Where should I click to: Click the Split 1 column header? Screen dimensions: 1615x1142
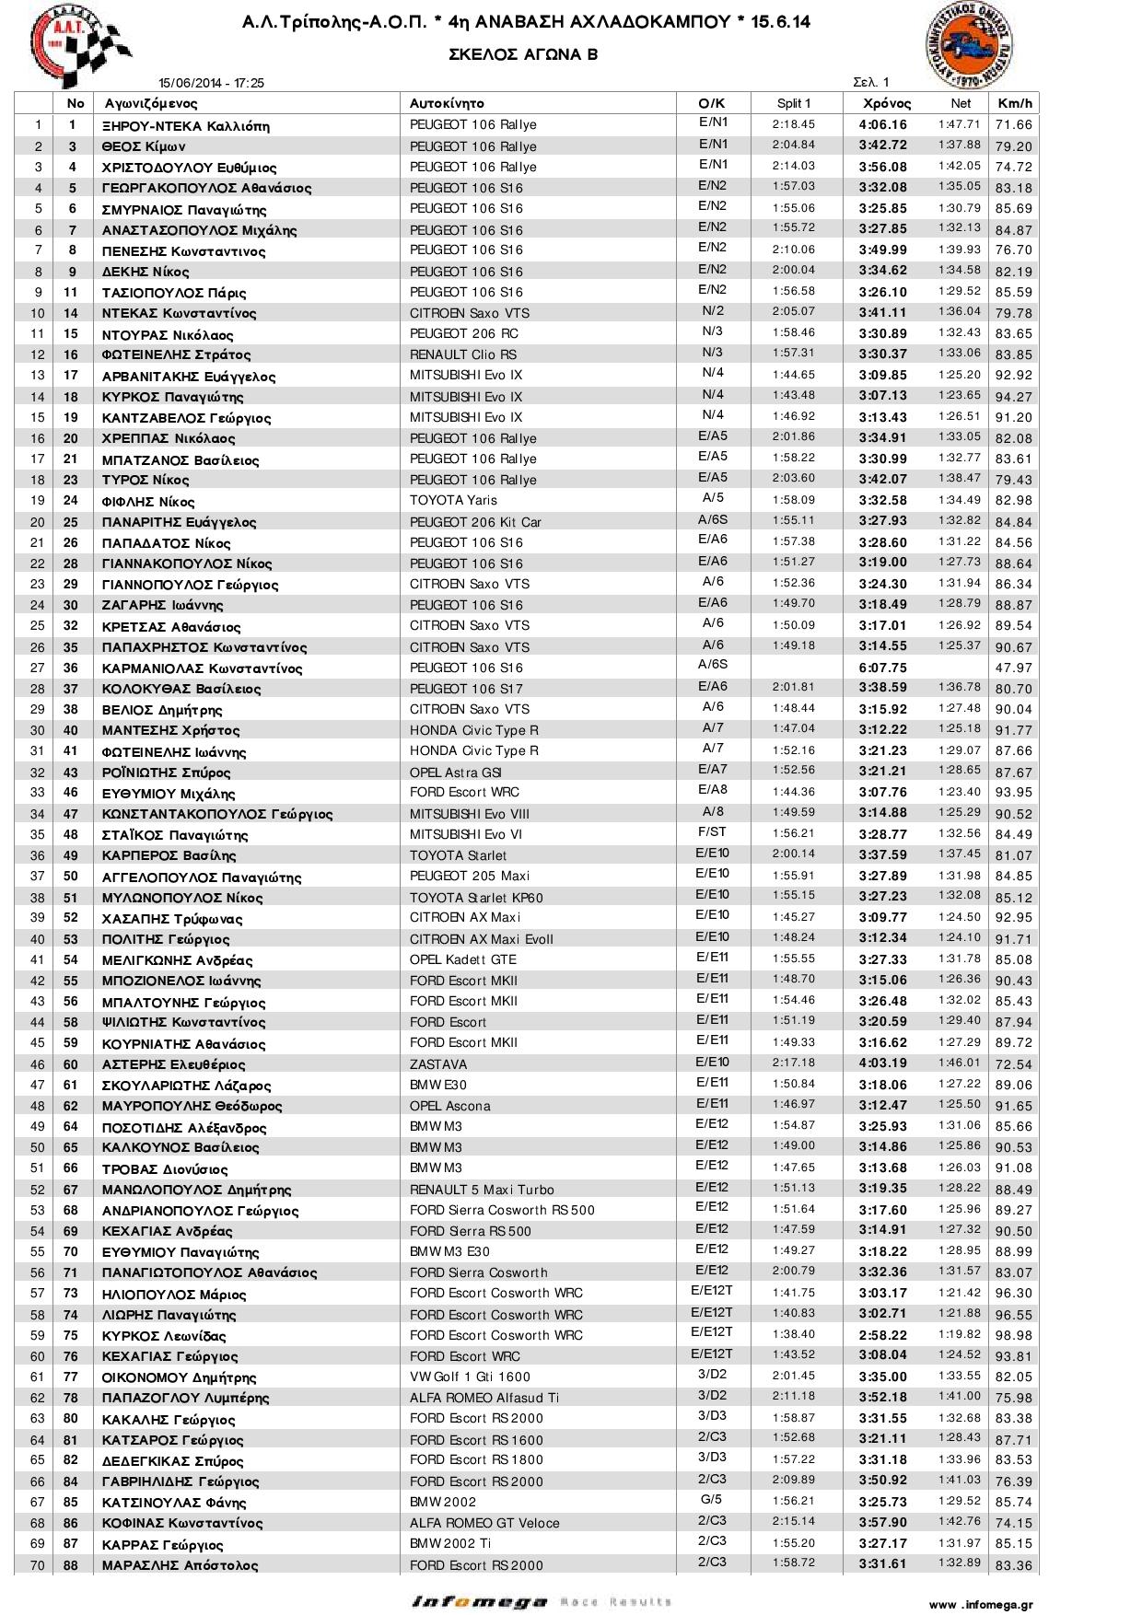(793, 103)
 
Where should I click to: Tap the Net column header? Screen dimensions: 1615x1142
(961, 103)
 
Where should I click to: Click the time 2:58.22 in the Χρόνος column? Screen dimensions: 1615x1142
(882, 1335)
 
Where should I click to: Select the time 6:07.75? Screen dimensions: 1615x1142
(882, 668)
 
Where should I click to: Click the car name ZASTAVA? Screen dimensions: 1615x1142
(438, 1063)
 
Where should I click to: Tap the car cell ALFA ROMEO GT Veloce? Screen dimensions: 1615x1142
(484, 1523)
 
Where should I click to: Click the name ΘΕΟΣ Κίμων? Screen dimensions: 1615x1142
(144, 146)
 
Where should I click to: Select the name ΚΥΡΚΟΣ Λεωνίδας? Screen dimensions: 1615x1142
(164, 1336)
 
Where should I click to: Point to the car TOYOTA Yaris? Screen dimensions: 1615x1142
(453, 500)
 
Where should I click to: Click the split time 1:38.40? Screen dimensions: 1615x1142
(793, 1334)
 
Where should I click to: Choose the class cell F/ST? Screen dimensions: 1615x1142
(712, 831)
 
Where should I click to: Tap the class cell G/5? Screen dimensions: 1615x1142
(712, 1500)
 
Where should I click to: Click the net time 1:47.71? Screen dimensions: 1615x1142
(960, 124)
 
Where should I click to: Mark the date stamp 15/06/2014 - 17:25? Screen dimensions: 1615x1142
(211, 83)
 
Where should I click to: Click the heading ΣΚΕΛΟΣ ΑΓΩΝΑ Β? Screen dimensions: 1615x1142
(523, 54)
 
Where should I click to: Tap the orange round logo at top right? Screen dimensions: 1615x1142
(969, 43)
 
